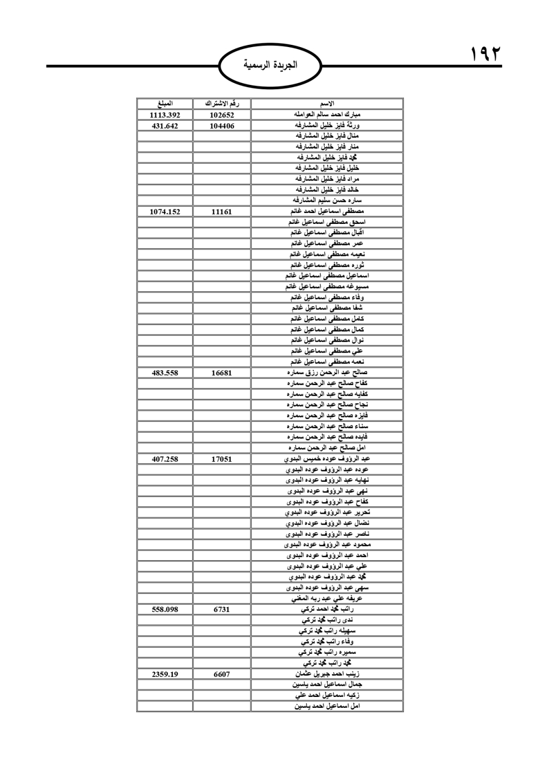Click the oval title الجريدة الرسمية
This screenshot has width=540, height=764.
270,66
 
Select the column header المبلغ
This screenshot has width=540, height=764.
165,104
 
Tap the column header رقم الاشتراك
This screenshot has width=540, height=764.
222,104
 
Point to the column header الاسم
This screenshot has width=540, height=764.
327,104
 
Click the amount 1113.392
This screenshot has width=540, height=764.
165,115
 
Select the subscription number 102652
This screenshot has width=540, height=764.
222,115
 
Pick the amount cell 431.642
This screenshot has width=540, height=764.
165,125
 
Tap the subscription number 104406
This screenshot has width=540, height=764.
222,125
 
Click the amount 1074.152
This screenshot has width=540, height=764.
165,211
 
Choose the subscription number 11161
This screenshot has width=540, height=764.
222,211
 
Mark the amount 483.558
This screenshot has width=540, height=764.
165,373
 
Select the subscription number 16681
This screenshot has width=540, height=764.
222,373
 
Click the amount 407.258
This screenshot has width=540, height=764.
165,459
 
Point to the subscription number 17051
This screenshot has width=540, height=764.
222,459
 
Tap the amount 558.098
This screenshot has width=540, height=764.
165,609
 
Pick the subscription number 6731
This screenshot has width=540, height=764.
222,609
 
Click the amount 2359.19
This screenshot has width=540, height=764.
165,674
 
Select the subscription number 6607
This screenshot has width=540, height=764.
222,674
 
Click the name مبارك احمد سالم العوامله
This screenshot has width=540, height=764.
327,115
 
